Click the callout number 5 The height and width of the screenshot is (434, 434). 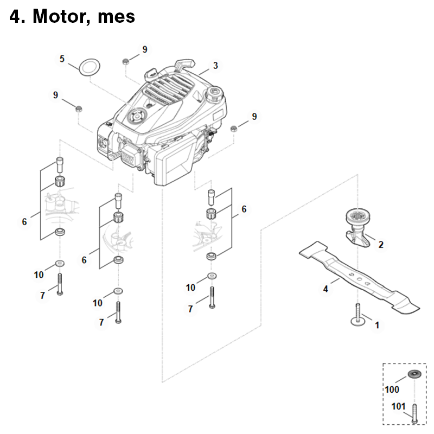(x=62, y=59)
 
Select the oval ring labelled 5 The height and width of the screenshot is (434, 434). (x=90, y=67)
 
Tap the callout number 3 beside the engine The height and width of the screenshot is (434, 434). (x=215, y=66)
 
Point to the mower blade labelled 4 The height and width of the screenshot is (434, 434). (x=359, y=278)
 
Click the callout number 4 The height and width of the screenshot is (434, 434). (x=325, y=289)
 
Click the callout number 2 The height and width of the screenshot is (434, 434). (x=381, y=245)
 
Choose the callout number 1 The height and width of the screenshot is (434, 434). (x=376, y=325)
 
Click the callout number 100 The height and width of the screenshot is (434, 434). (x=392, y=390)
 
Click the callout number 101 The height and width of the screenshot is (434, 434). (x=398, y=406)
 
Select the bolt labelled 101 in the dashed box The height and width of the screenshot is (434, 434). (x=414, y=413)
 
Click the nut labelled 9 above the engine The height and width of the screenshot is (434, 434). (x=125, y=61)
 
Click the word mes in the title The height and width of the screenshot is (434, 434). (x=116, y=17)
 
